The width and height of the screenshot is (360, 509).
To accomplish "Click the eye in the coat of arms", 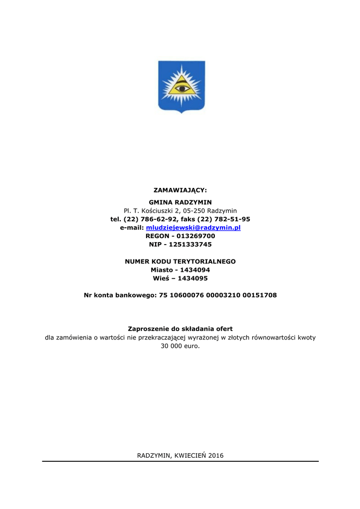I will point(181,88).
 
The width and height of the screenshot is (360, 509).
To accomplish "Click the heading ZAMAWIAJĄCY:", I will point(180,190).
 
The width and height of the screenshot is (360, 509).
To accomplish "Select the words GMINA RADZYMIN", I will point(180,202).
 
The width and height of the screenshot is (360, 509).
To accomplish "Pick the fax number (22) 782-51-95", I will point(224,219).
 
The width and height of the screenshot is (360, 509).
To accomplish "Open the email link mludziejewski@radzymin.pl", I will point(193,228).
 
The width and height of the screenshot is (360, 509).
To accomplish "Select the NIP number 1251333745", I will point(190,245).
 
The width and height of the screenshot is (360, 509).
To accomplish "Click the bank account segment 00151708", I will point(260,295).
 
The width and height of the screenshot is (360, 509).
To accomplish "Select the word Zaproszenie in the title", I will point(147,329).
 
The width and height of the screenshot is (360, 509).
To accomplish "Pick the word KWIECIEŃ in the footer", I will point(190,455).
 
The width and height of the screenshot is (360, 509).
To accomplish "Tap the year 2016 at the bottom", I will point(216,455).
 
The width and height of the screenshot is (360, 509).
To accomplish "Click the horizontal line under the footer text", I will point(180,461).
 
